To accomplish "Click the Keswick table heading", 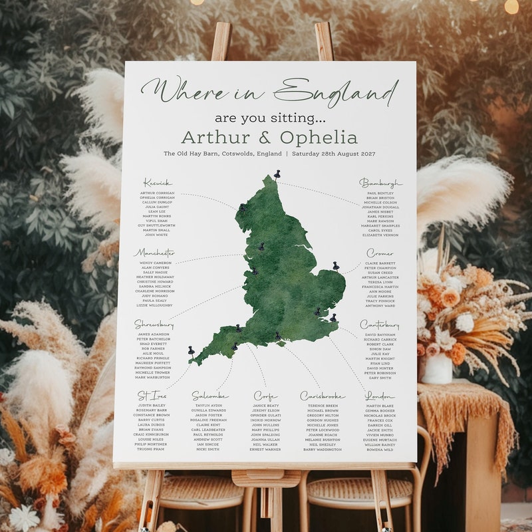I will [x=158, y=183].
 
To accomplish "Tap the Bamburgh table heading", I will [x=381, y=183].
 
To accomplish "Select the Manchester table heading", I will [x=154, y=253].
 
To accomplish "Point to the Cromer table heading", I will [x=380, y=253].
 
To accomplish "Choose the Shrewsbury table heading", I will [x=154, y=325].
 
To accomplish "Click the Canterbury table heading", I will [x=380, y=325].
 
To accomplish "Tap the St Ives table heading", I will [x=152, y=396].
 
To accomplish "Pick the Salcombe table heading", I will [x=210, y=396].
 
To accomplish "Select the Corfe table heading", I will [x=265, y=396].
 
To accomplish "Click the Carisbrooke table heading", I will [x=323, y=396].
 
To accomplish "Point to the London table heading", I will [x=380, y=396].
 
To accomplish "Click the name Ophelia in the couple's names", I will [x=319, y=138].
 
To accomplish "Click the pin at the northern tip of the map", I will [x=277, y=174].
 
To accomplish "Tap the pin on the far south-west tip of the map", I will [x=191, y=350].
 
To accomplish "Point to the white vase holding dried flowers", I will [x=437, y=368].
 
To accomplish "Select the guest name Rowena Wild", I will [x=380, y=450].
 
